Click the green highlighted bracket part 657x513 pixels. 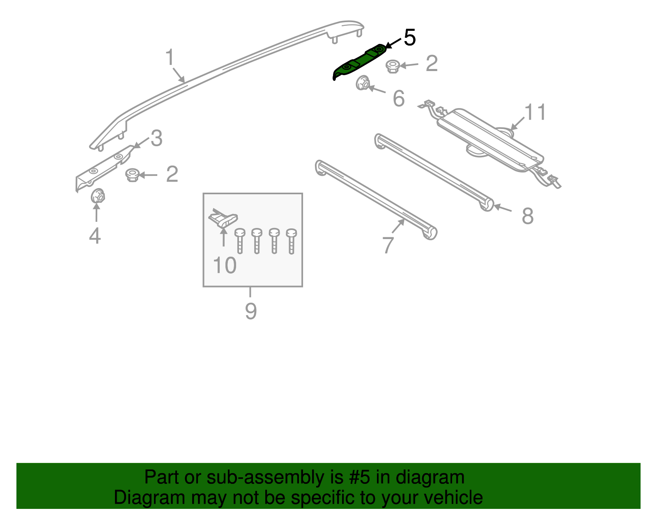pyautogui.click(x=360, y=62)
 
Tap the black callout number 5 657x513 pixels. pyautogui.click(x=409, y=38)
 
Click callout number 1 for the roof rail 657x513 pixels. pyautogui.click(x=170, y=58)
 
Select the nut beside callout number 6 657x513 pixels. pyautogui.click(x=363, y=83)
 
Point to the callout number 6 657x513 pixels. pyautogui.click(x=398, y=99)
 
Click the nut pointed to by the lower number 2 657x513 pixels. pyautogui.click(x=132, y=175)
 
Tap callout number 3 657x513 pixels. pyautogui.click(x=156, y=138)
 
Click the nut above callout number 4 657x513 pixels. pyautogui.click(x=97, y=196)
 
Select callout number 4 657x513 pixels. pyautogui.click(x=95, y=236)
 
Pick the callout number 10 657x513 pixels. pyautogui.click(x=225, y=265)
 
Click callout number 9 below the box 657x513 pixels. pyautogui.click(x=250, y=311)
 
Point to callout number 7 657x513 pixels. pyautogui.click(x=388, y=245)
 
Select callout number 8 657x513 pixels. pyautogui.click(x=527, y=216)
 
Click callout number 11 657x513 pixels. pyautogui.click(x=535, y=112)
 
